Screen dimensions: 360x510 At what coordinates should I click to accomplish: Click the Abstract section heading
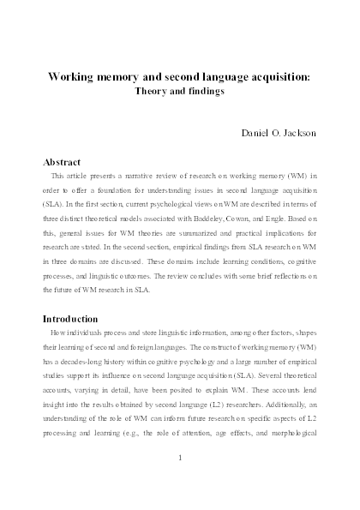[65, 161]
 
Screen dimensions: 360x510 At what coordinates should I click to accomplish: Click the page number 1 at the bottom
[180, 457]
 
